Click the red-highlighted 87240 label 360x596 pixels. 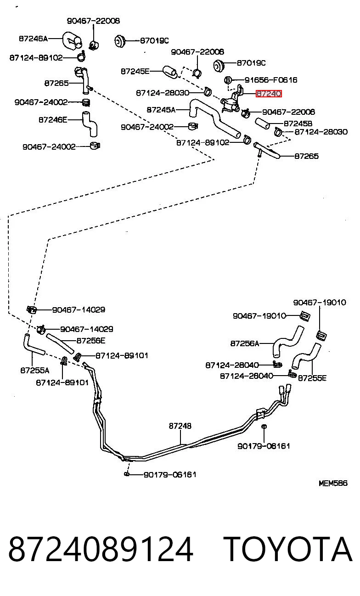coord(269,94)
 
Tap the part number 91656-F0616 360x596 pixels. coord(271,80)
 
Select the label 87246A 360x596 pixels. coord(33,39)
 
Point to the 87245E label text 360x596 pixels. coord(135,71)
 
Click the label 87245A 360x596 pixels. coord(161,110)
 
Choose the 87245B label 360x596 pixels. coord(298,124)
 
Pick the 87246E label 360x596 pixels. coord(53,120)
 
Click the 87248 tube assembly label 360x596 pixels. coord(180,426)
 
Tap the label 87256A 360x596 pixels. coord(245,343)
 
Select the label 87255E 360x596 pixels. coord(312,378)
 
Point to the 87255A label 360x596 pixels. coord(35,371)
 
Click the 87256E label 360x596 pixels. coord(91,341)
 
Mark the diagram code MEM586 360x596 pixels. coord(333,483)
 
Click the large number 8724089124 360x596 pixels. coord(101,549)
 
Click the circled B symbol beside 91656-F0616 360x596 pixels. coord(227,79)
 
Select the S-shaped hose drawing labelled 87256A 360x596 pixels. coord(287,342)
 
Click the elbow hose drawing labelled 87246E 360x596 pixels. coord(90,124)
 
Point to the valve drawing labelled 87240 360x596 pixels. coord(231,100)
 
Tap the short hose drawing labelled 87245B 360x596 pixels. coord(262,123)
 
